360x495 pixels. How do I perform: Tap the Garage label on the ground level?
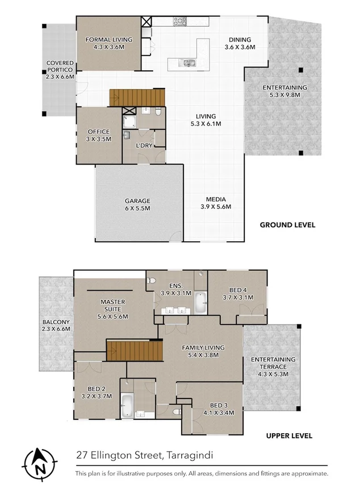coord(137,204)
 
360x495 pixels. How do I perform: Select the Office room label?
coord(98,135)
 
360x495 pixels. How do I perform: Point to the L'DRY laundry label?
coord(143,145)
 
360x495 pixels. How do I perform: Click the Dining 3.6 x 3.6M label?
coord(239,43)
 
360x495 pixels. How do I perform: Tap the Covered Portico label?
coord(60,69)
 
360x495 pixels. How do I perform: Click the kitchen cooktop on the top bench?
coord(181,22)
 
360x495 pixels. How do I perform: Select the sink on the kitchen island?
coord(189,62)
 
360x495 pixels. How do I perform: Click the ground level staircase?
coord(136,97)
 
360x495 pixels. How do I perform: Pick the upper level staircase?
coord(134,350)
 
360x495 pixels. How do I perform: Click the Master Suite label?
coord(113,309)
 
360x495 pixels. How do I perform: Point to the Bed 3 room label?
coord(219,409)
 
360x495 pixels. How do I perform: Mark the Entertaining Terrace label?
coord(273,366)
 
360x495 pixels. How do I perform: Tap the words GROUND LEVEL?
coord(287,225)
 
